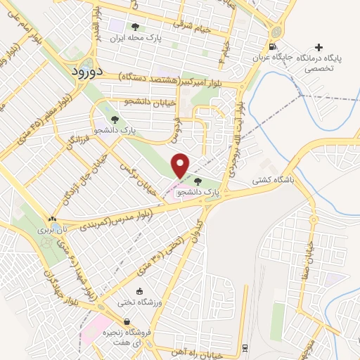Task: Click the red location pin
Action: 181,165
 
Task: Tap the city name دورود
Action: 88,71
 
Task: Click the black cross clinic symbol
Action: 320,48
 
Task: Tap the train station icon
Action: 244,347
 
